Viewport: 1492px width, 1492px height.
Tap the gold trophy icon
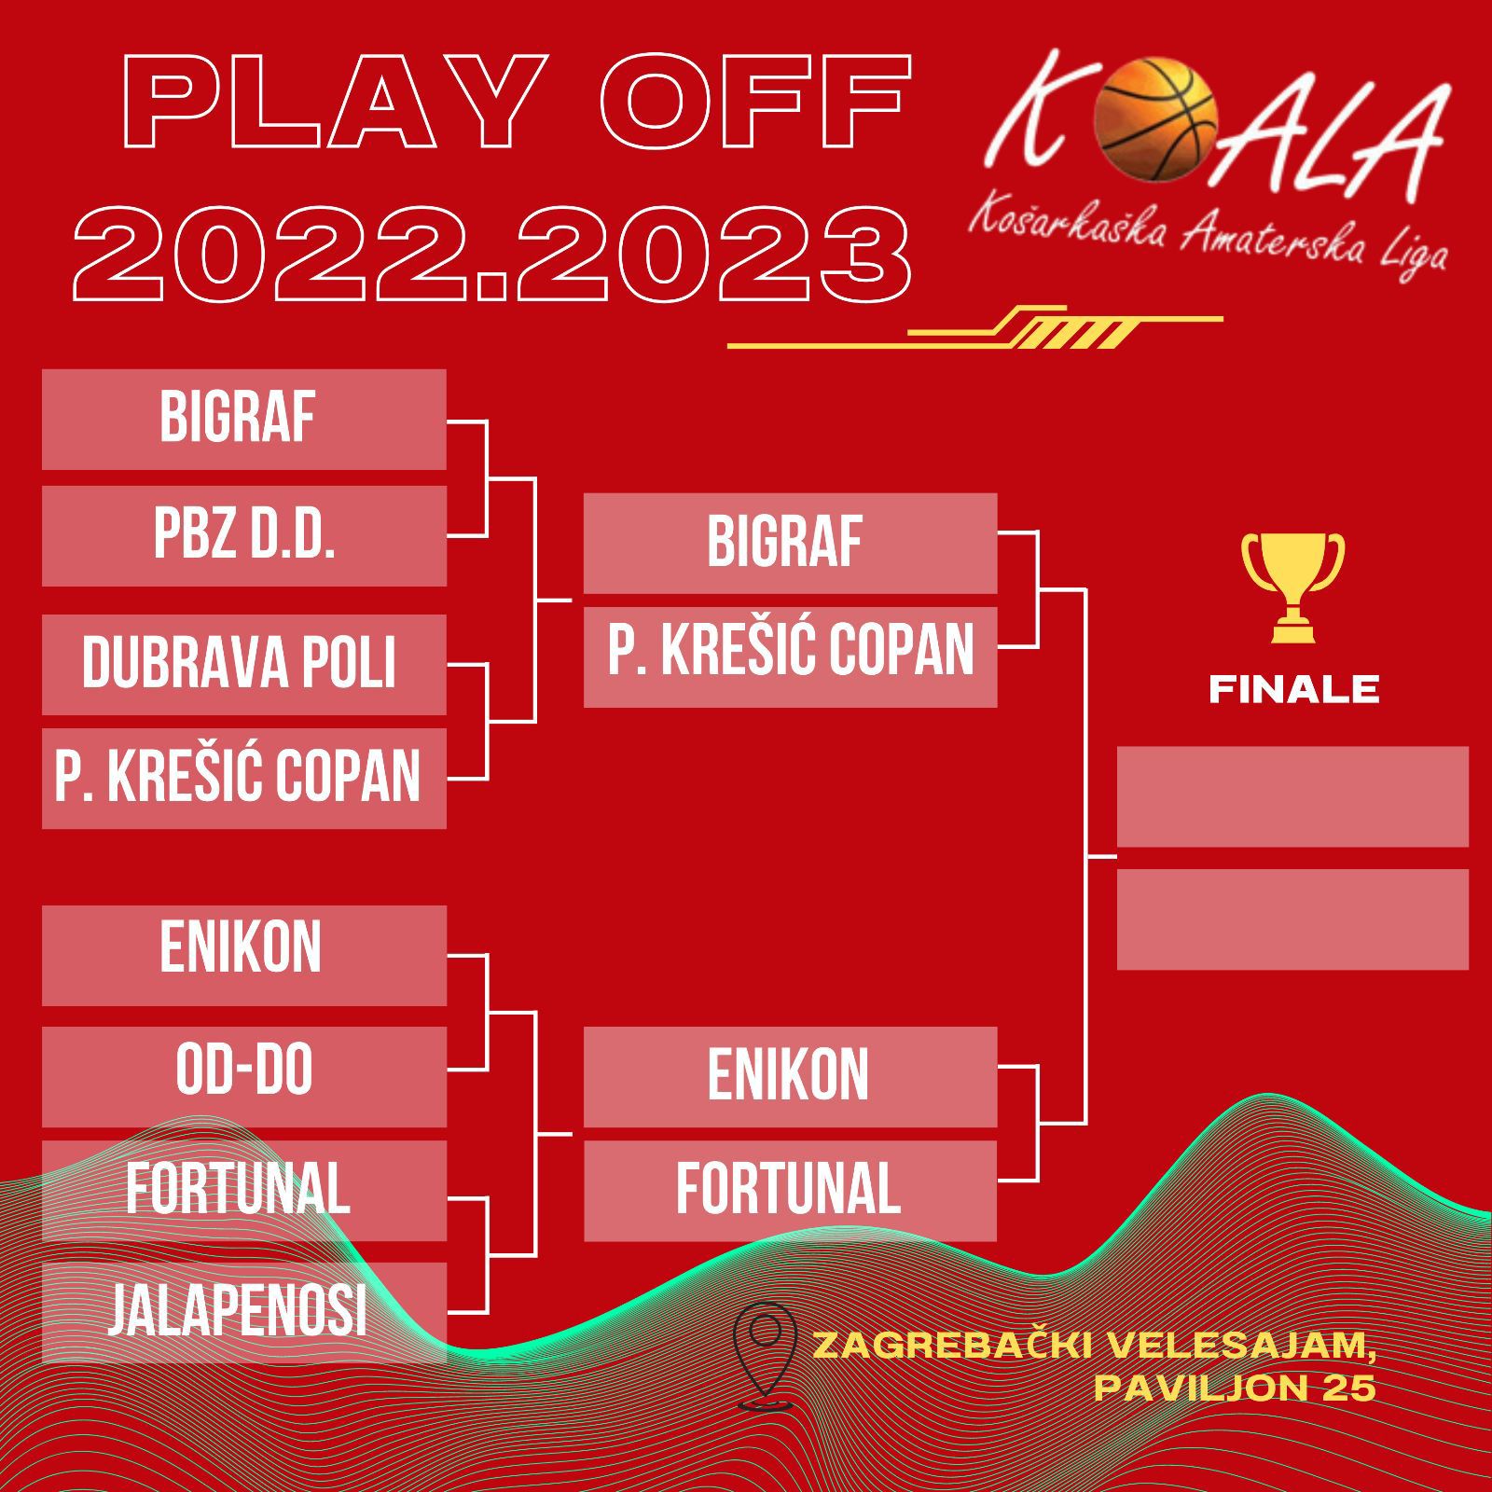pyautogui.click(x=1292, y=587)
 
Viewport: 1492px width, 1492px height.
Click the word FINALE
pyautogui.click(x=1293, y=690)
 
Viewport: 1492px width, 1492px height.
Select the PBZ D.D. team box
pyautogui.click(x=244, y=535)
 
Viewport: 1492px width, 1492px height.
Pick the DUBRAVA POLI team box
pyautogui.click(x=244, y=664)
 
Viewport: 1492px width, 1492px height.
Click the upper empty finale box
pyautogui.click(x=1292, y=796)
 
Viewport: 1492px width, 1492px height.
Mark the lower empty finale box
pyautogui.click(x=1292, y=919)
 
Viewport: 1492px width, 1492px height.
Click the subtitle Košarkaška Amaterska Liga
pyautogui.click(x=1209, y=238)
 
